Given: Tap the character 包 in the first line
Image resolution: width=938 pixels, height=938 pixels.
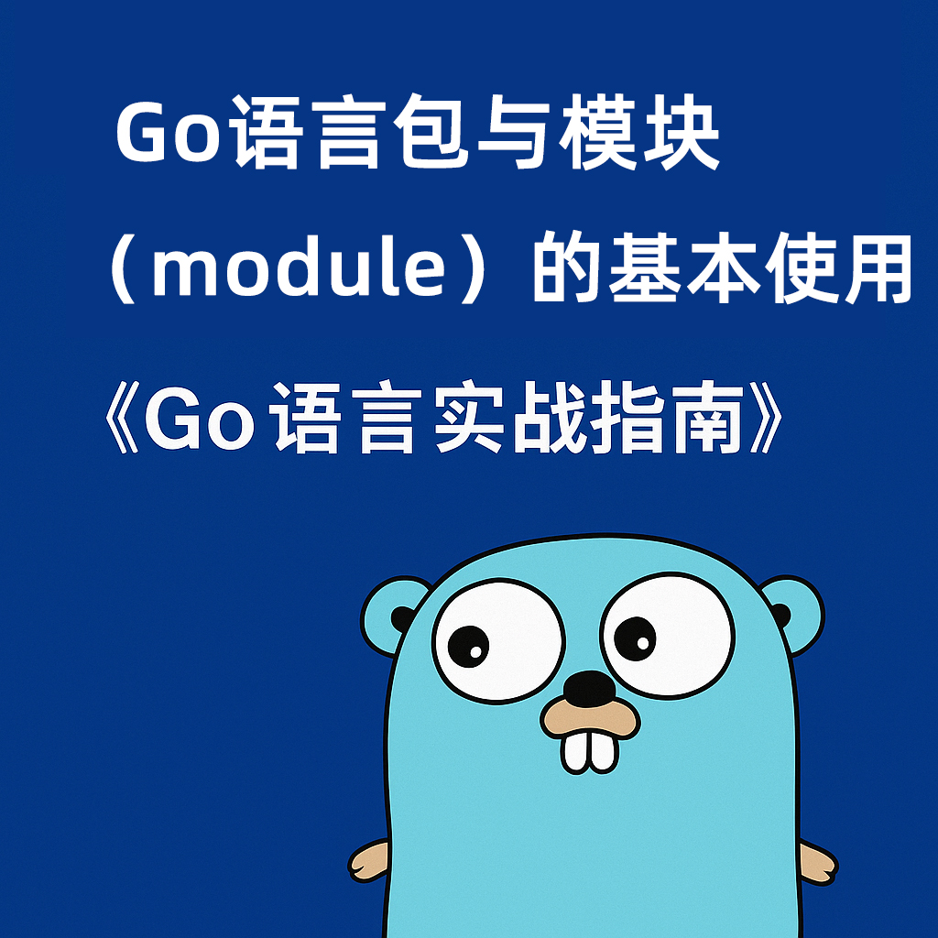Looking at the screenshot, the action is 434,132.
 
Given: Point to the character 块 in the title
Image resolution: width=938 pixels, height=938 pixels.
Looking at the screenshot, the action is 681,132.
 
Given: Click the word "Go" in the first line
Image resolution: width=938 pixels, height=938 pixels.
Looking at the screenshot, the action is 167,132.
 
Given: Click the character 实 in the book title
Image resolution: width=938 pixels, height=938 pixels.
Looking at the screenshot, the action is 470,417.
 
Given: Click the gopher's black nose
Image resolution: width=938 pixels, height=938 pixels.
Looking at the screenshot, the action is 590,687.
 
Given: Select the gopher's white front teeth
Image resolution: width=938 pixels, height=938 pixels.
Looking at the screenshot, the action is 589,751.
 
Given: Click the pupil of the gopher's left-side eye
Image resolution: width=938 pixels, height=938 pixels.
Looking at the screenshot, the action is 468,646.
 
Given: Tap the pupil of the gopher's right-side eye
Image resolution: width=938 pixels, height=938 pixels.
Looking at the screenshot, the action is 635,638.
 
